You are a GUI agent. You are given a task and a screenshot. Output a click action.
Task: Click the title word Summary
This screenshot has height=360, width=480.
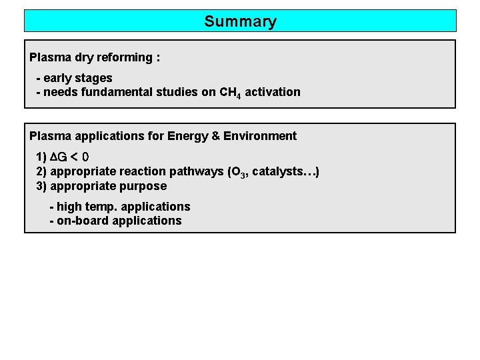(x=240, y=21)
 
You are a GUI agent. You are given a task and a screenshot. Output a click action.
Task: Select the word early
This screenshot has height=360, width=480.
(x=59, y=78)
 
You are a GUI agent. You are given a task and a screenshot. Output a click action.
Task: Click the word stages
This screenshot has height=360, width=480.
(x=95, y=78)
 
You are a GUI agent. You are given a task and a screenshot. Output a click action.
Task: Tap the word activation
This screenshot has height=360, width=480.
(x=273, y=92)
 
